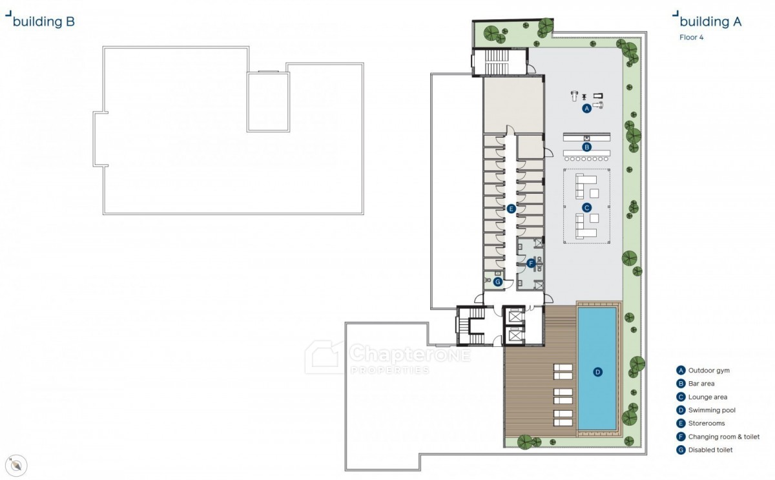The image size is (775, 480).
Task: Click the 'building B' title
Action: [44, 21]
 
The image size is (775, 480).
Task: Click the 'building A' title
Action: [710, 21]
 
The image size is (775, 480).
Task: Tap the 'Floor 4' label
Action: [691, 37]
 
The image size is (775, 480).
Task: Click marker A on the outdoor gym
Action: [586, 109]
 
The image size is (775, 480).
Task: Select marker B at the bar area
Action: [586, 147]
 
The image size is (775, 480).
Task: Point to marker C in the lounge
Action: [586, 207]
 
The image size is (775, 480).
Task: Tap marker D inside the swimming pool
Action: [597, 372]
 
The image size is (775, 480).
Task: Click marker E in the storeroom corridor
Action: [511, 209]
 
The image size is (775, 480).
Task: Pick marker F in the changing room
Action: [531, 264]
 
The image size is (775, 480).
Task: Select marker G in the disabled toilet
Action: [498, 282]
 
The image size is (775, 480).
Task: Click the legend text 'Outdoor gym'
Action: [709, 370]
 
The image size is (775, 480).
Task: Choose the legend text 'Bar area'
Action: [701, 384]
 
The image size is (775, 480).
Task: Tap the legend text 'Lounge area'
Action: [708, 397]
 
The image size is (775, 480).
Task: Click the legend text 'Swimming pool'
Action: [712, 410]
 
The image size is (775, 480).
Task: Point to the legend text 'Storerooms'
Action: [706, 423]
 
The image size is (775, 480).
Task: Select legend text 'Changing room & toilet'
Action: [724, 437]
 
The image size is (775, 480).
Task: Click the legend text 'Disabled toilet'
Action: [710, 450]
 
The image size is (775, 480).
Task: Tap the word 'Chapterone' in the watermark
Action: [410, 353]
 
